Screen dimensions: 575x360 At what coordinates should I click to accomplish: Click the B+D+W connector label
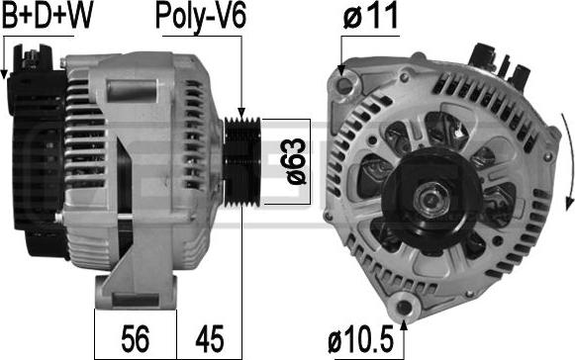point(48,17)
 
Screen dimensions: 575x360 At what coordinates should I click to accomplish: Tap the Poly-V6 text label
point(201,18)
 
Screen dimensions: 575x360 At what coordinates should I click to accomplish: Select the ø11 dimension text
point(370,16)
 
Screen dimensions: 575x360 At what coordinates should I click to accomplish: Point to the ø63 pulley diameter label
point(296,161)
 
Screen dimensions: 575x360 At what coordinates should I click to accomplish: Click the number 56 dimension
point(136,339)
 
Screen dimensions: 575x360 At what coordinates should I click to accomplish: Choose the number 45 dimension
point(210,339)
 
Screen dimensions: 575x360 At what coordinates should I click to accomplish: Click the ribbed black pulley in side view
point(242,161)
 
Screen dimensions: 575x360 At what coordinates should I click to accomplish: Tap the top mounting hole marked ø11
point(344,85)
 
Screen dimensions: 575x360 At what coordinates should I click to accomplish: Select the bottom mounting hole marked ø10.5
point(404,307)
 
